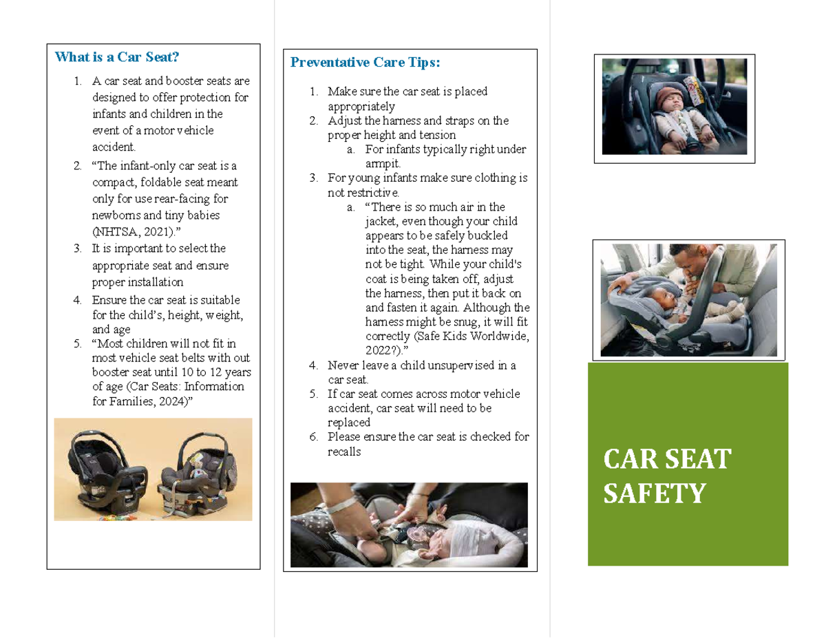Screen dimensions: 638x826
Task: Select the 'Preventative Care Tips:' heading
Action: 365,63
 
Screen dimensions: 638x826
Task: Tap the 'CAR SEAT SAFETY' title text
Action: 666,476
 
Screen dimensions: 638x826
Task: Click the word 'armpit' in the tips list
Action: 381,164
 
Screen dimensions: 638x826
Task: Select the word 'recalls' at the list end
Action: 344,451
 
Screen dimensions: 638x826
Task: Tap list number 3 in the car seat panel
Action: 77,248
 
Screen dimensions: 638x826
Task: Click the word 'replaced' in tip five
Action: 349,423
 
